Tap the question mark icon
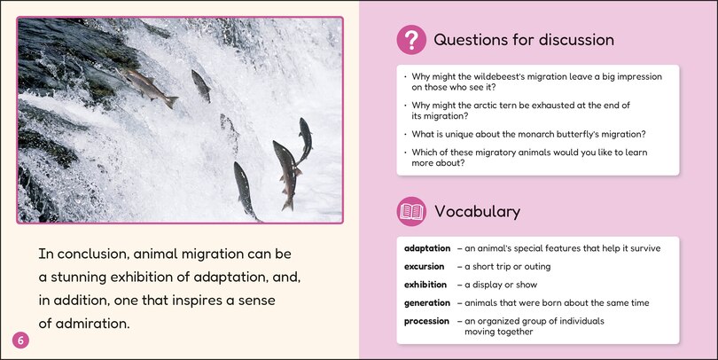pyautogui.click(x=410, y=40)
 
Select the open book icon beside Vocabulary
pyautogui.click(x=410, y=211)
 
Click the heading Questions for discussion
pyautogui.click(x=523, y=40)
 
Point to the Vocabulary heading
pyautogui.click(x=477, y=211)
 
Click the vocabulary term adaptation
pyautogui.click(x=421, y=248)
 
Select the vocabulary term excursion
pyautogui.click(x=418, y=266)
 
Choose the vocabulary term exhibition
pyautogui.click(x=418, y=285)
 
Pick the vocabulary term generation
pyautogui.click(x=420, y=303)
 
